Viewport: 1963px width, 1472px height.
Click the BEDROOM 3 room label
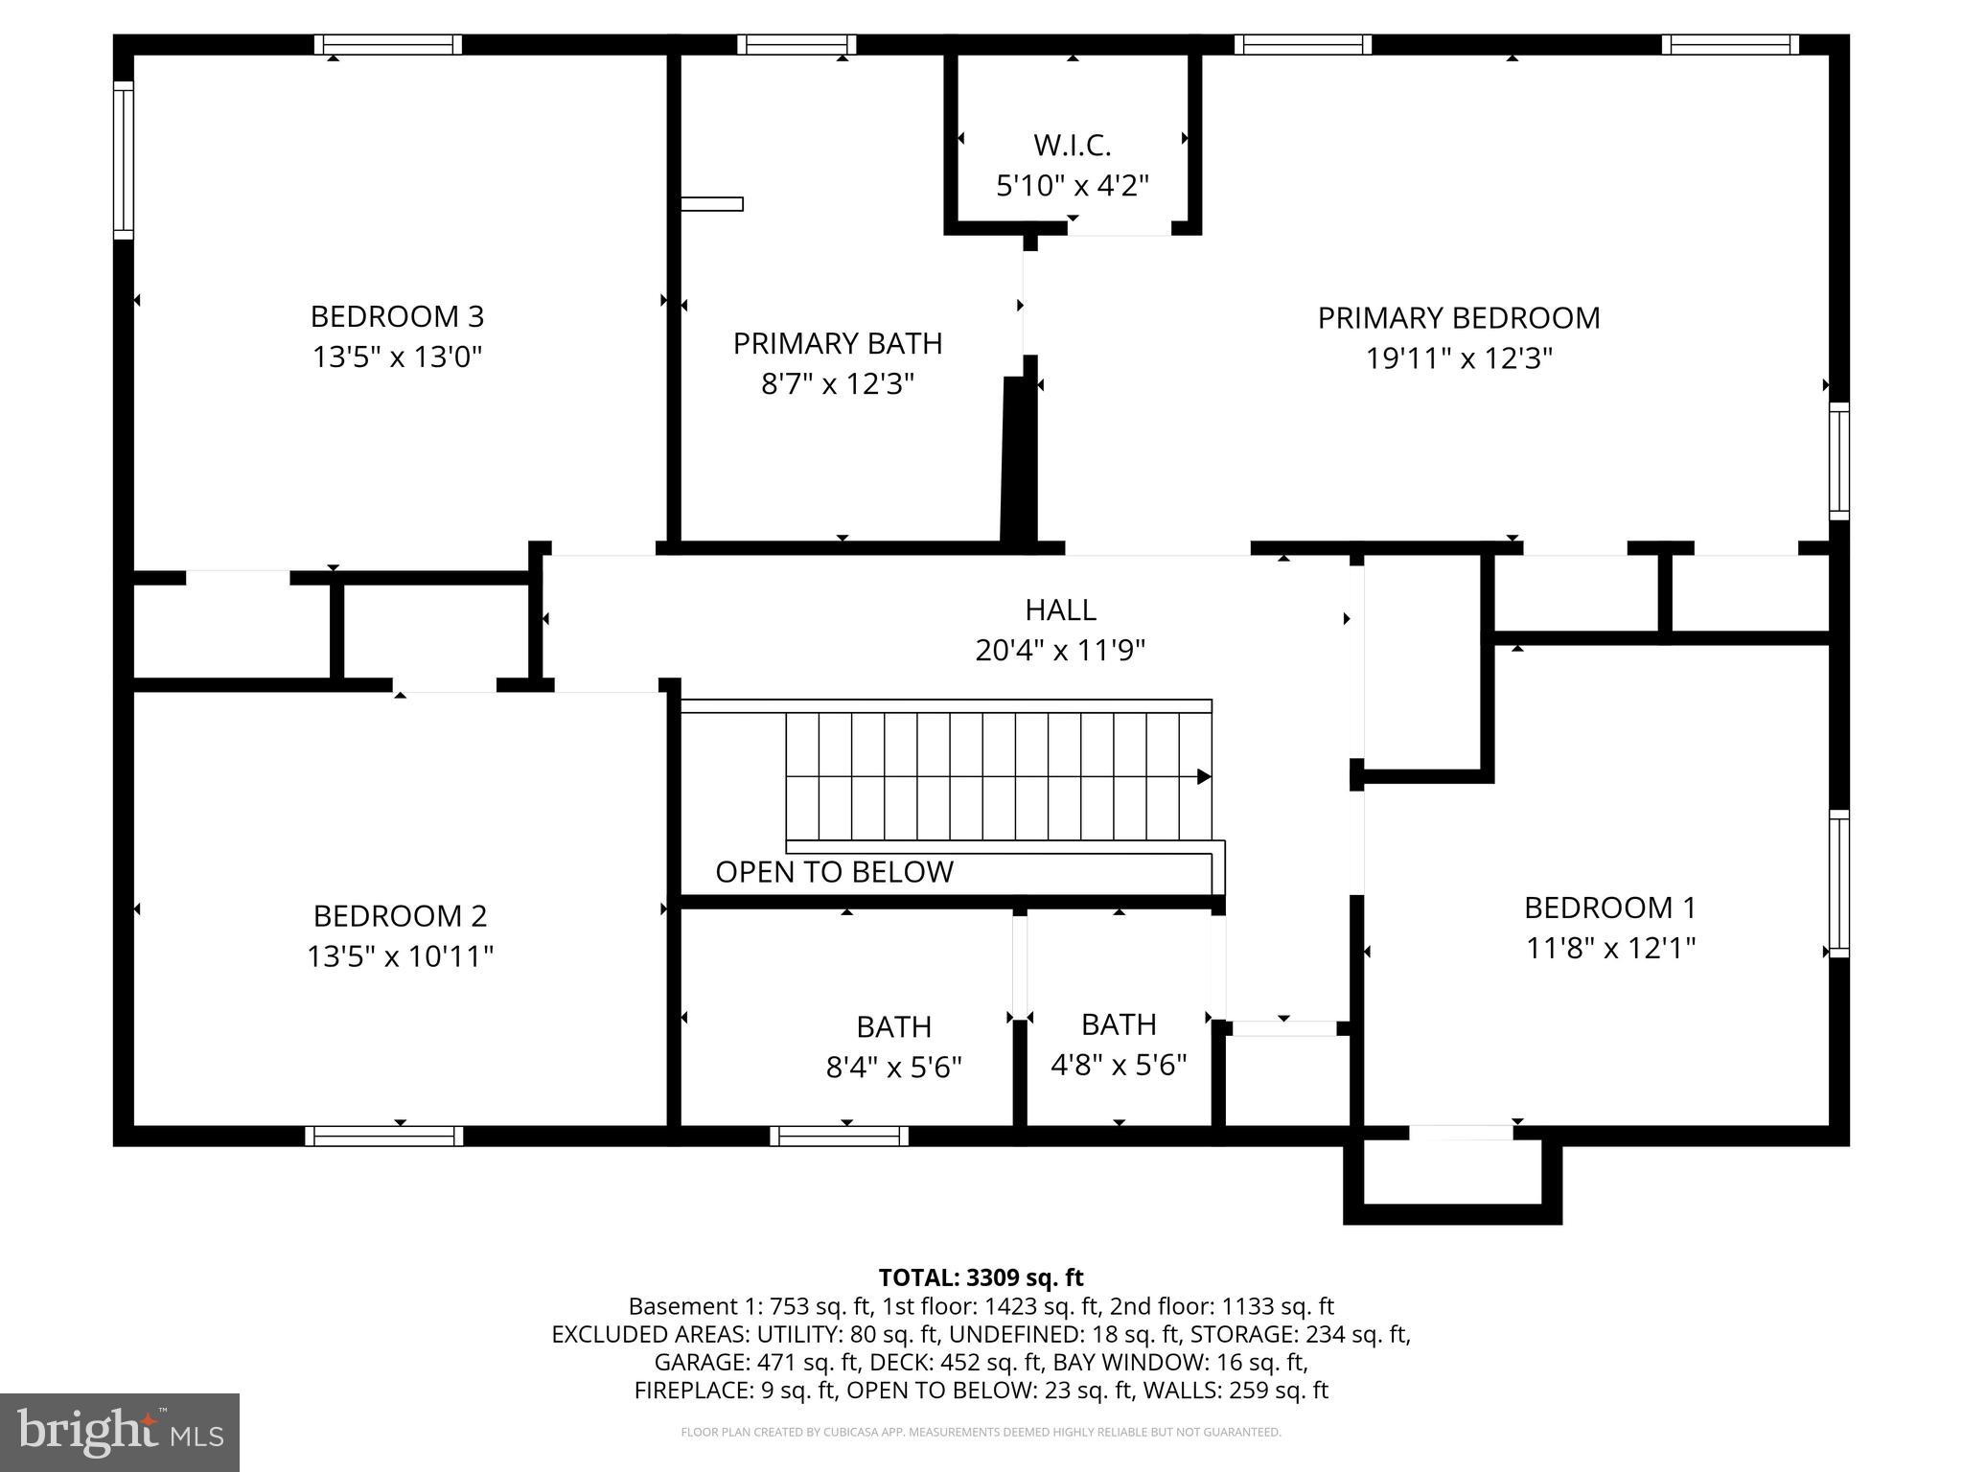point(397,316)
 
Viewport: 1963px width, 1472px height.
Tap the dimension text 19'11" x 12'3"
point(1458,358)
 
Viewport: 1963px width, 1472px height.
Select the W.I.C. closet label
point(1072,146)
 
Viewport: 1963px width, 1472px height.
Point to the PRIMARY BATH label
point(838,343)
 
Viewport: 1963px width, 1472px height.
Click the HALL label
point(1060,609)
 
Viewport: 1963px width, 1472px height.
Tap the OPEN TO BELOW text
point(834,872)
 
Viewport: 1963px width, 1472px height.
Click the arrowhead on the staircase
point(1204,777)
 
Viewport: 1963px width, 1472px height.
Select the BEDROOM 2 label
point(400,916)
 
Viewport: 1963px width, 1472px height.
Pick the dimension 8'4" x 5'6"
point(893,1067)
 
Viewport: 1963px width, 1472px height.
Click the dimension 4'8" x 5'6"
point(1119,1065)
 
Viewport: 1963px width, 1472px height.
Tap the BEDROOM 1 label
point(1610,908)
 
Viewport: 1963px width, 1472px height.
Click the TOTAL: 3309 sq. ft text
point(981,1277)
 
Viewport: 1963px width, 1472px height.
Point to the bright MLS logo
point(120,1433)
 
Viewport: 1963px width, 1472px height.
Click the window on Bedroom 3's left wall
point(123,160)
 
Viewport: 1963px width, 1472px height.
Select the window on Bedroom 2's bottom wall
point(383,1137)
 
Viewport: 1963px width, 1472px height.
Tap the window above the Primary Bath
point(797,44)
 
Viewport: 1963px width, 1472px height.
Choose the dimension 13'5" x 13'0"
point(397,357)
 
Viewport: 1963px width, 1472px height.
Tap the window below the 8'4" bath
point(839,1137)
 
